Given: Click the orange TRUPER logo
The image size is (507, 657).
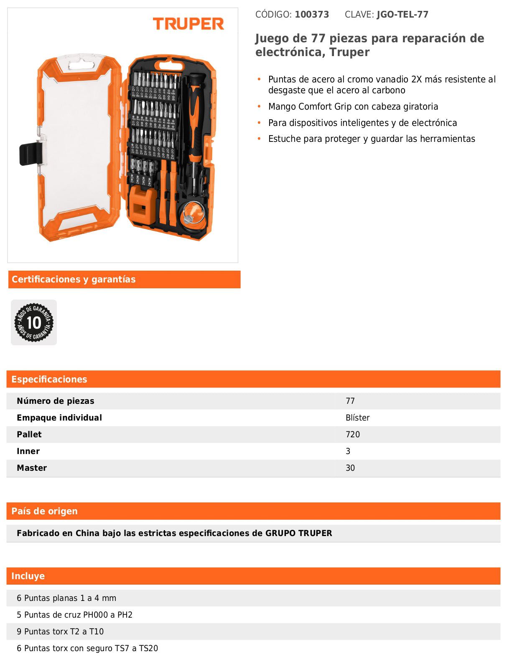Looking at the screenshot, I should (188, 24).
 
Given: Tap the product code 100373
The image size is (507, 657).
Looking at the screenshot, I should (312, 15).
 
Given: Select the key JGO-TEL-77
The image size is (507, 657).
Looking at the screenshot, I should (402, 15).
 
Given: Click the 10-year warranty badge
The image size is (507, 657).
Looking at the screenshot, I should (34, 322).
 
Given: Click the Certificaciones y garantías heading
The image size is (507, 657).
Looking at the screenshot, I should (74, 280).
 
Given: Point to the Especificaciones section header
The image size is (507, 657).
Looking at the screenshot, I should (49, 379).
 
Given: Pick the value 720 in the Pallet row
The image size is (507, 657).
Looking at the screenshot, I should (353, 434).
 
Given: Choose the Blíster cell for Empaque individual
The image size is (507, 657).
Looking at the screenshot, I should (358, 418).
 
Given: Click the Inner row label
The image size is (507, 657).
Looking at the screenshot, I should (28, 451).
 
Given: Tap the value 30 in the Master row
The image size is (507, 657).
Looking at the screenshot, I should (350, 468).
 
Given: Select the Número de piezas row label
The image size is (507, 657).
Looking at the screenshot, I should (55, 401).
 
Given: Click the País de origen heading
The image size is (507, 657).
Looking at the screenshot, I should (44, 511).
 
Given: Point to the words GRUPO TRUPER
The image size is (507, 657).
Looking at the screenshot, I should (298, 533).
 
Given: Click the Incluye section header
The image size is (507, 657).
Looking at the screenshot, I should (28, 576).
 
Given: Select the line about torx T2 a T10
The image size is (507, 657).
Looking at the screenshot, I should (60, 631).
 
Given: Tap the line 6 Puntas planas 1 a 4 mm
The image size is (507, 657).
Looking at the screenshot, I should (66, 598).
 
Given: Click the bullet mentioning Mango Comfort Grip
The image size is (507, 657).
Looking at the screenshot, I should (353, 106).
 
